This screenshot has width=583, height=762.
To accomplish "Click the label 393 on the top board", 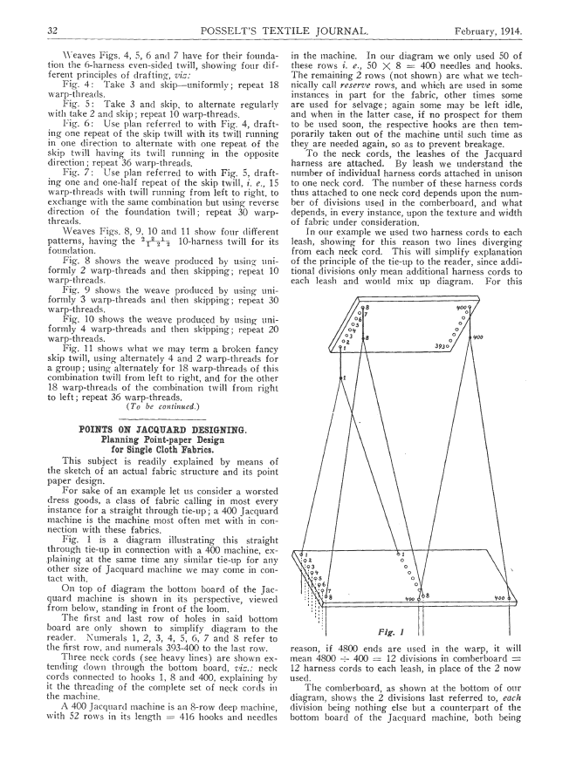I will tap(439, 345).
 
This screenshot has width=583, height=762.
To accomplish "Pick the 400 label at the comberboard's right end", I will tap(509, 600).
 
